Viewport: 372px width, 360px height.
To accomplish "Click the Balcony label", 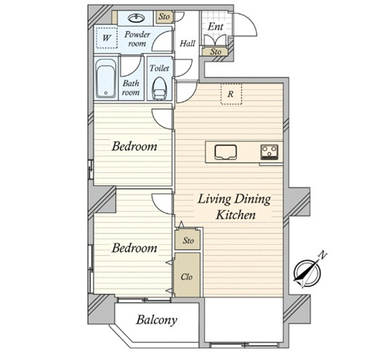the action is point(156,320).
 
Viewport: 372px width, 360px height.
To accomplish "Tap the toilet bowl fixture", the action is point(159,89).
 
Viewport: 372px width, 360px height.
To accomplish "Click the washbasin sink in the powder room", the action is point(136,18).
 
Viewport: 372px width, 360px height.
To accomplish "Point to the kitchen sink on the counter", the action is point(225,152).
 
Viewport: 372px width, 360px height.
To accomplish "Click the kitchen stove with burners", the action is point(269,152).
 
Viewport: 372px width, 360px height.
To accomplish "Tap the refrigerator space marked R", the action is point(231,94).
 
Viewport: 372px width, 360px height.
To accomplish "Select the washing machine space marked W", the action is point(106,38).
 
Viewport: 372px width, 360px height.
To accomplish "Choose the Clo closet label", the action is point(187,277).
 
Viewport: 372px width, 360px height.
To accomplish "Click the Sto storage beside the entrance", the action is point(215,52).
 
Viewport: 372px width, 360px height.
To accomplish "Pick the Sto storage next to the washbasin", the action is point(164,16).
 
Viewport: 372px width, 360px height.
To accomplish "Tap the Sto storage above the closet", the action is point(188,240).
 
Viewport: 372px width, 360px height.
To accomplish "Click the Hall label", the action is point(187,44).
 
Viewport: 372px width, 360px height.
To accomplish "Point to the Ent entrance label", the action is point(215,26).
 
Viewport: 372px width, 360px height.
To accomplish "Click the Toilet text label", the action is point(159,68).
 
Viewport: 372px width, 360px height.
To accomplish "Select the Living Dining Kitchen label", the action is point(234,207).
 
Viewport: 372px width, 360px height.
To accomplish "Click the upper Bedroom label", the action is point(134,147).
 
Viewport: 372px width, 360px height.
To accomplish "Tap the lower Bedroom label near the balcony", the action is point(134,248).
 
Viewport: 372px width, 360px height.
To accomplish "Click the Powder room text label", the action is point(137,39).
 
